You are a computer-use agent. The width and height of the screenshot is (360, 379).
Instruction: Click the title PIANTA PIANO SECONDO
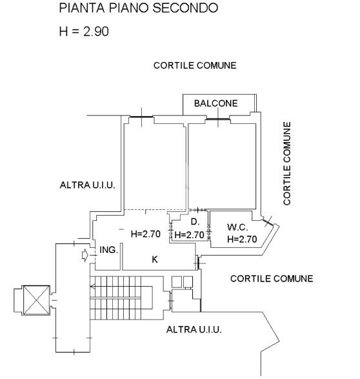tap(138, 8)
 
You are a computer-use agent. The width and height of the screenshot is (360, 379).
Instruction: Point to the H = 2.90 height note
tap(84, 32)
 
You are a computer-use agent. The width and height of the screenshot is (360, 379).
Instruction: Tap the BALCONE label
tap(216, 103)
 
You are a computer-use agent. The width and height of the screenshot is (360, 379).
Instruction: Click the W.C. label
tap(237, 227)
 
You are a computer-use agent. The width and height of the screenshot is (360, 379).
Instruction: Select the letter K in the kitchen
tap(155, 260)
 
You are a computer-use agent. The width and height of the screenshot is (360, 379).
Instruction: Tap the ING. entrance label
tap(108, 250)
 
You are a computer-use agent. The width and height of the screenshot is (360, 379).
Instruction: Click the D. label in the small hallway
tap(195, 221)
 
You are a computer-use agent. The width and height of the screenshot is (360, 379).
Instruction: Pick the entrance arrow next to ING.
tap(85, 255)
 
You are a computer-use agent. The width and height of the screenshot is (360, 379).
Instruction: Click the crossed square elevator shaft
tap(36, 300)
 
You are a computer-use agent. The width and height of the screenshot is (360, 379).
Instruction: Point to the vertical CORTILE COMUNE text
tap(287, 163)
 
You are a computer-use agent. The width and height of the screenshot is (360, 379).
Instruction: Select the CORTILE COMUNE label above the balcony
tap(195, 65)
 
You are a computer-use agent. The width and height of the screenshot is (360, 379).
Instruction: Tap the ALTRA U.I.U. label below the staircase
tap(194, 329)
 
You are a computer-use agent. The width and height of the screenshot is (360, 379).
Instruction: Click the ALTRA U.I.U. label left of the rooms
tap(87, 185)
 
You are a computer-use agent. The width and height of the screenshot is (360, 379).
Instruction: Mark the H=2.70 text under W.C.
tap(242, 239)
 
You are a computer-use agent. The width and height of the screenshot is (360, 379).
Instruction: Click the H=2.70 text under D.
tap(189, 235)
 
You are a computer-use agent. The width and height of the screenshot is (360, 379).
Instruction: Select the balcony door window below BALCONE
tap(218, 119)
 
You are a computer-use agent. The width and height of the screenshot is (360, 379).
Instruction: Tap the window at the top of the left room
tap(141, 118)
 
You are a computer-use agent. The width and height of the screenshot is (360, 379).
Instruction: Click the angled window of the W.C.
tap(268, 221)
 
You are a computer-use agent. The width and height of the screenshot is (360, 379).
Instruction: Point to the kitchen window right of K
tap(198, 263)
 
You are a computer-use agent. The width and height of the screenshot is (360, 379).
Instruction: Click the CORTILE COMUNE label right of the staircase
tap(272, 279)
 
